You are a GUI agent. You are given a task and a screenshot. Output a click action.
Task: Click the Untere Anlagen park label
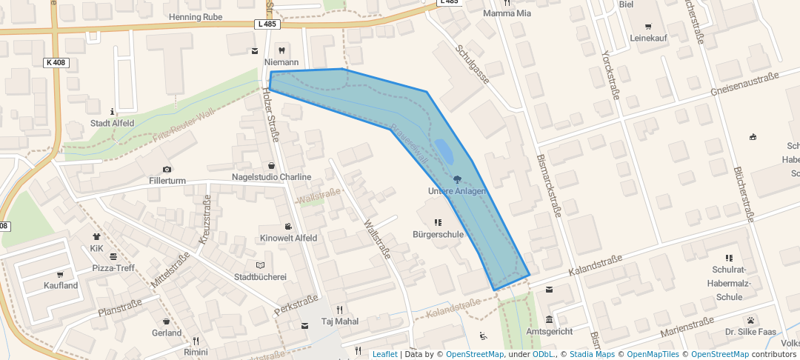457,192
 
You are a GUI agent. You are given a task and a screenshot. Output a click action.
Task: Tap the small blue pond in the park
444,152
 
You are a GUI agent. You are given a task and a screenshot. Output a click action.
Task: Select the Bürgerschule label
438,234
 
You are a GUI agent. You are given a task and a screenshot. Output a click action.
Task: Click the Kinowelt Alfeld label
288,238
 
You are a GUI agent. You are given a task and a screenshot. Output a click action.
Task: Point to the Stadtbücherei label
260,276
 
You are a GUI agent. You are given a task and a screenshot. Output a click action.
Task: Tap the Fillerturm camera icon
166,170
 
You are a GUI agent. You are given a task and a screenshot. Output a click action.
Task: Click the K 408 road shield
56,63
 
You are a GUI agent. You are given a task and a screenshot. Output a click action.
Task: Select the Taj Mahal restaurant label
339,321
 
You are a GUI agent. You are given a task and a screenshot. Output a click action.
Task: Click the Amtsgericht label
549,332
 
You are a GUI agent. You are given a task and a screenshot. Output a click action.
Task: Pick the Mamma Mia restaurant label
507,13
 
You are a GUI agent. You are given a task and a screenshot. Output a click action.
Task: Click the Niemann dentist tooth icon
281,50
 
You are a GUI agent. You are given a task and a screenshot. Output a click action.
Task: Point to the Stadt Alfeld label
112,123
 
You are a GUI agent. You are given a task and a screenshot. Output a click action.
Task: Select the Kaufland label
61,285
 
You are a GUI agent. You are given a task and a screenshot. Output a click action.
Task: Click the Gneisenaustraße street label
744,84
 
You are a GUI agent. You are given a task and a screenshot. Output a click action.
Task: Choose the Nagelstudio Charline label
271,176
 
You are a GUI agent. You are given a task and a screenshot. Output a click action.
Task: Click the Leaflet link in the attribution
384,354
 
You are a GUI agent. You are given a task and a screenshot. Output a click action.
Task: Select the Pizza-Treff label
113,267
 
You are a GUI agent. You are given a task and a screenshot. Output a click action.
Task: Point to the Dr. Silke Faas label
751,332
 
